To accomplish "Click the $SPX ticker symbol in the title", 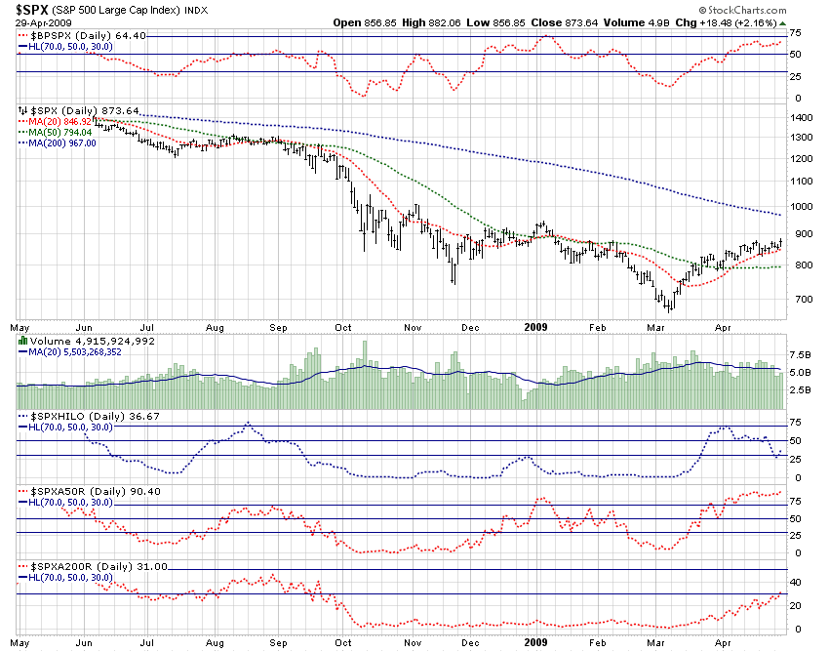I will click(34, 9).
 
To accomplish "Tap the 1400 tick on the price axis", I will click(801, 117).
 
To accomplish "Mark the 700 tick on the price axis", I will click(798, 299).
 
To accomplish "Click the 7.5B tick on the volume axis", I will click(800, 354).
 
